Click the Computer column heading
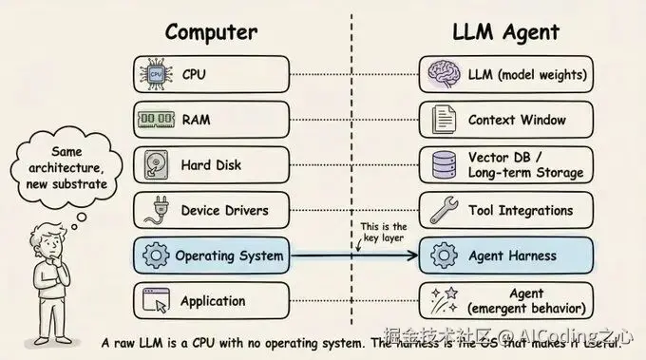coord(211,31)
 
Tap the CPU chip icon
coord(156,73)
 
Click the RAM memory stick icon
coord(156,120)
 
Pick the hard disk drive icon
coord(156,165)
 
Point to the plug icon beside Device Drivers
coord(156,210)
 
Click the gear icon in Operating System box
coord(156,256)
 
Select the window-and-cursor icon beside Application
coord(156,301)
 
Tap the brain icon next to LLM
coord(445,73)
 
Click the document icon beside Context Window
coord(445,120)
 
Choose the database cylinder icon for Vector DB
coord(445,165)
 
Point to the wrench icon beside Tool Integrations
coord(445,210)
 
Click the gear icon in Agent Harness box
coord(445,256)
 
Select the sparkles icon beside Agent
coord(445,301)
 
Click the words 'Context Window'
coord(517,120)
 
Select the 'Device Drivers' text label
coord(225,210)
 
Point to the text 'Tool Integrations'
coord(521,210)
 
